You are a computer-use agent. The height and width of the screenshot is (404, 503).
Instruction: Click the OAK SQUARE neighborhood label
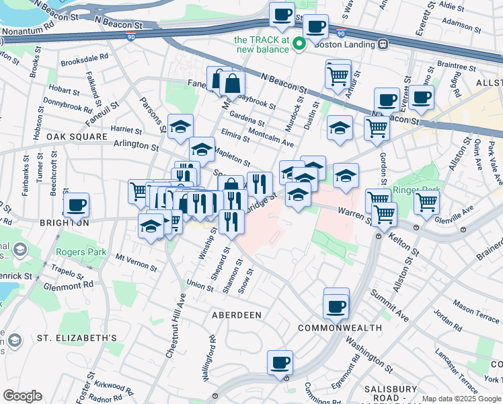77,137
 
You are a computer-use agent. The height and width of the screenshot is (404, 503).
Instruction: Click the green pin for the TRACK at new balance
300,44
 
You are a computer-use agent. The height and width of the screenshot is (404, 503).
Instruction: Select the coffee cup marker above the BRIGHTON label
76,205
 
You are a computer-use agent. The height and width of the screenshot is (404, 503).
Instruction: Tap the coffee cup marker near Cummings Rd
280,362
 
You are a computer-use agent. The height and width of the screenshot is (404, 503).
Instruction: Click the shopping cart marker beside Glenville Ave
426,201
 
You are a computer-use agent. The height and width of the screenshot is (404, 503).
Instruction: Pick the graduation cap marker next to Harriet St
180,127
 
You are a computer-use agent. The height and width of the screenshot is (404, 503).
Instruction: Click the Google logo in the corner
22,396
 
